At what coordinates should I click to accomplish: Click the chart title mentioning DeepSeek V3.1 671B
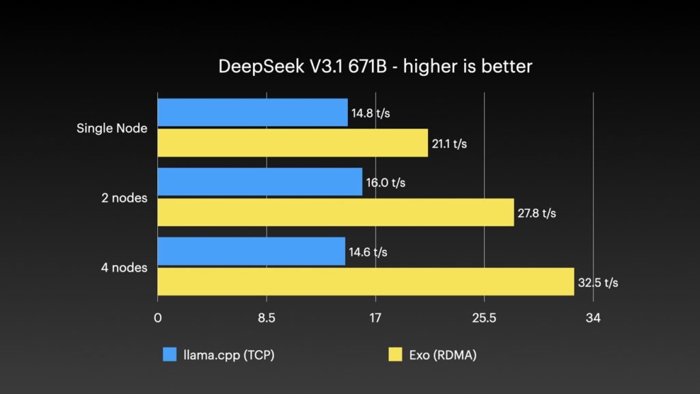point(375,66)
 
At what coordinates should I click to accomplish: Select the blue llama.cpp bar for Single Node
point(252,113)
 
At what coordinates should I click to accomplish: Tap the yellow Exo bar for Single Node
point(293,143)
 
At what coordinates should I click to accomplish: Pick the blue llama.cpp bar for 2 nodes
point(260,183)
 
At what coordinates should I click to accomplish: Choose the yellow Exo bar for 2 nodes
point(336,213)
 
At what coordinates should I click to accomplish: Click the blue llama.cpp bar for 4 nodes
point(251,252)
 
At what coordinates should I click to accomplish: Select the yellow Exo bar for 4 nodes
point(366,282)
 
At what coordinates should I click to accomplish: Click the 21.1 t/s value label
point(449,144)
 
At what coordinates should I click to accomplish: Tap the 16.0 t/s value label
point(386,183)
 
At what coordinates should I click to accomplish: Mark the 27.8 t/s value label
point(537,213)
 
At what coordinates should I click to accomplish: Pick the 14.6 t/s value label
point(368,252)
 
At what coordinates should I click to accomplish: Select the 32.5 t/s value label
point(597,283)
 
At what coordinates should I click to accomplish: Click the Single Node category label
point(111,128)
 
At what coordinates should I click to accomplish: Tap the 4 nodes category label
point(124,267)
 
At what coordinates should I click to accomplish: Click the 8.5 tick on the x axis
point(266,318)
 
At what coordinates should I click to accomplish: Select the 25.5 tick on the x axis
point(484,318)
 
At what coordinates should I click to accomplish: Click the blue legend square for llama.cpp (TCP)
point(170,354)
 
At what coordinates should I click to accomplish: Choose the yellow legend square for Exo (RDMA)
point(395,354)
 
